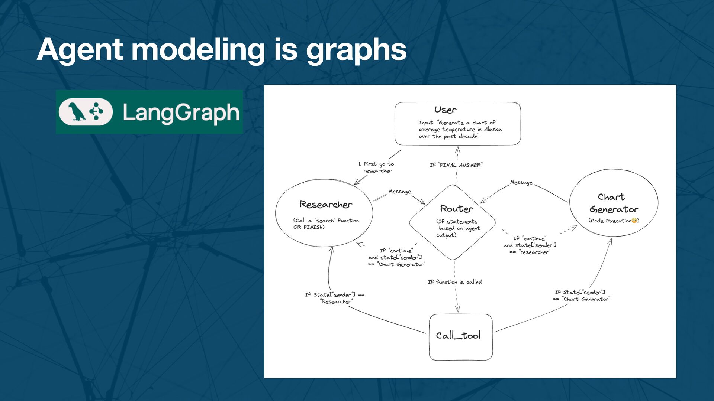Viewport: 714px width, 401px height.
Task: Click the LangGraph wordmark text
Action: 181,113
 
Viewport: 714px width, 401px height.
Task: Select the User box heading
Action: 445,110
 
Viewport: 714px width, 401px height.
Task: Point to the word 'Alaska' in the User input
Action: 493,129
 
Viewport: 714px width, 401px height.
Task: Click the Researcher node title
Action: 326,205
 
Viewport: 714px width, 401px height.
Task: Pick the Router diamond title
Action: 456,209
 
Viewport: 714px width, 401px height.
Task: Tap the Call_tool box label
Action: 458,336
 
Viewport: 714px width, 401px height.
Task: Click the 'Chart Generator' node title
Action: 613,203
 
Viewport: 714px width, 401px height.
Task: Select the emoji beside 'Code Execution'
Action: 634,221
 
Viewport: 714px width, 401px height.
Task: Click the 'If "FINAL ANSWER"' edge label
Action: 456,165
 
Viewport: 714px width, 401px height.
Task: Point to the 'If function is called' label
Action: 454,282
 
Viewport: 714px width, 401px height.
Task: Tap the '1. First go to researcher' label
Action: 376,167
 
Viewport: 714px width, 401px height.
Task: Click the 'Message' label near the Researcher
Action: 400,192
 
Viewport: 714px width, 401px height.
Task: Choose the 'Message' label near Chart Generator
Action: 521,182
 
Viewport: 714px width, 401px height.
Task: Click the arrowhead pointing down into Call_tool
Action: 457,309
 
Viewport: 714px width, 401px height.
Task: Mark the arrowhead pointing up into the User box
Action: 458,149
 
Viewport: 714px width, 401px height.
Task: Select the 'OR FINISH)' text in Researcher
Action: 309,227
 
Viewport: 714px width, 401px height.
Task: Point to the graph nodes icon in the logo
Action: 97,111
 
